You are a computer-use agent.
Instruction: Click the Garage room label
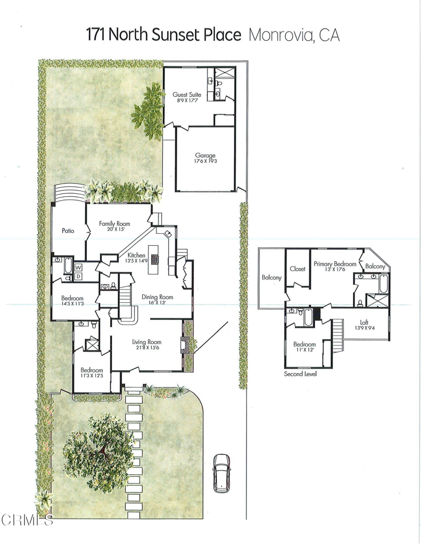coord(205,155)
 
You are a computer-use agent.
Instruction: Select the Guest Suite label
coord(186,95)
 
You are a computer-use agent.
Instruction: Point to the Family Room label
coord(114,224)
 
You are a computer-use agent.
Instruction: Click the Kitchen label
coord(137,255)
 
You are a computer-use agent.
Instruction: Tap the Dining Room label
coord(158,297)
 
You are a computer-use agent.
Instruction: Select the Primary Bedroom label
coord(334,263)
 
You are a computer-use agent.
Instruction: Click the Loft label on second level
coord(364,322)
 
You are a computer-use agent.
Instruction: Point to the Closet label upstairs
coord(298,269)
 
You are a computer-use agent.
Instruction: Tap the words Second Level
coord(300,374)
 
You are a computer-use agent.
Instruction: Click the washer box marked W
coord(78,267)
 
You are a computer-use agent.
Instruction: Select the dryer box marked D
coord(78,276)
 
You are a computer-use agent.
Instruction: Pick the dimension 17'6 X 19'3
coord(205,161)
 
